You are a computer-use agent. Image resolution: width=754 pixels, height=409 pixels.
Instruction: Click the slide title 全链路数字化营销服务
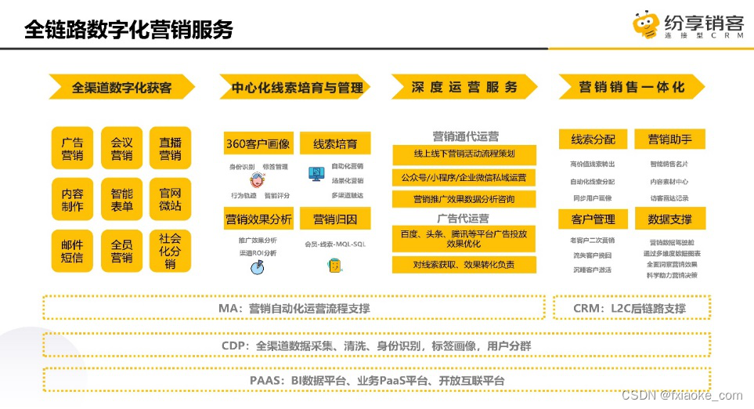tap(128, 30)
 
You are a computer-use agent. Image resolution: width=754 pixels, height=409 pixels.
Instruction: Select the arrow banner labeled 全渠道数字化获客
tap(121, 87)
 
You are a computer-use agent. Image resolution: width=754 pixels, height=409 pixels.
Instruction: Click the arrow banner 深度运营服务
tap(464, 87)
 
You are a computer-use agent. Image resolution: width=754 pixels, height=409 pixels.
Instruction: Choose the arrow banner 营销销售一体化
tap(631, 87)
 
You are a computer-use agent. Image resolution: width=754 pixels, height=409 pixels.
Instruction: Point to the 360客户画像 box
tap(258, 143)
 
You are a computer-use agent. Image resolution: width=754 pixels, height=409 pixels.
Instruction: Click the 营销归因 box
tap(335, 219)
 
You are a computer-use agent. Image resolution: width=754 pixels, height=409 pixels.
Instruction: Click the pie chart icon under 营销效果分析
tap(255, 267)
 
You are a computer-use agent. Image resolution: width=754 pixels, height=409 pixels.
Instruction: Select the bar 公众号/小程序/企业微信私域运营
tap(464, 177)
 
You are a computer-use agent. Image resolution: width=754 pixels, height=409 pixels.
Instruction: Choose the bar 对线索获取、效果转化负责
tap(464, 265)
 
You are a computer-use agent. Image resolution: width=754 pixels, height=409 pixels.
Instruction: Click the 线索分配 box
tap(593, 139)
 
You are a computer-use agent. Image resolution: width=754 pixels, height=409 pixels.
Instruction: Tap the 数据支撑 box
tap(669, 219)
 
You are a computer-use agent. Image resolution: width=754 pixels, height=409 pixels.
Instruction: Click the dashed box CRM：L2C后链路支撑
tap(631, 308)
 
